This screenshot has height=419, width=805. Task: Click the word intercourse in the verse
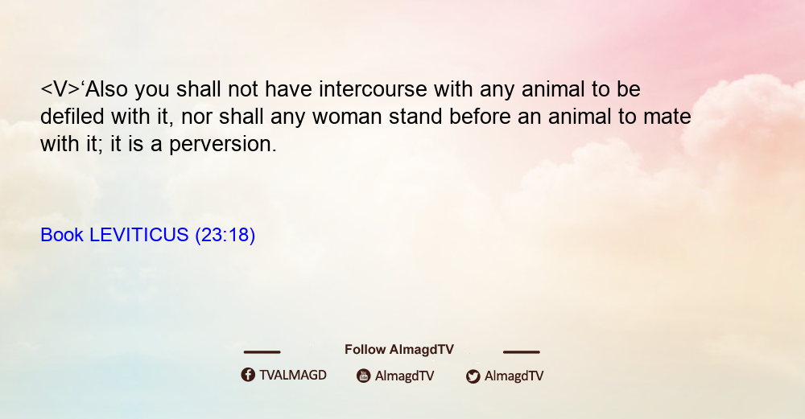pyautogui.click(x=373, y=89)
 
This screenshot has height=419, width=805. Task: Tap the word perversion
pyautogui.click(x=223, y=145)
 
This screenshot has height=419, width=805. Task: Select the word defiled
pyautogui.click(x=72, y=117)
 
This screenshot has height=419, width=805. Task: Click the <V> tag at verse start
pyautogui.click(x=60, y=89)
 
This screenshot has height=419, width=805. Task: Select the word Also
pyautogui.click(x=106, y=89)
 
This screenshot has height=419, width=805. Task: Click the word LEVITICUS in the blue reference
pyautogui.click(x=139, y=235)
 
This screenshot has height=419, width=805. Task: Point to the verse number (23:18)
pyautogui.click(x=225, y=236)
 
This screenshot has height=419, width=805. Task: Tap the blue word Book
pyautogui.click(x=62, y=235)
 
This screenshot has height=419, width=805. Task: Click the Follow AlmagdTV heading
pyautogui.click(x=399, y=350)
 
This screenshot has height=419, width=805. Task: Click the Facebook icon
pyautogui.click(x=248, y=375)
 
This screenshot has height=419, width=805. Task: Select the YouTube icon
pyautogui.click(x=364, y=376)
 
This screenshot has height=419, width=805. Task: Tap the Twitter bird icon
pyautogui.click(x=473, y=376)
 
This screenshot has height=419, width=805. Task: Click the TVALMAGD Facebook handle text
pyautogui.click(x=293, y=376)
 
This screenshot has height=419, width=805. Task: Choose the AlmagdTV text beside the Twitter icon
pyautogui.click(x=514, y=376)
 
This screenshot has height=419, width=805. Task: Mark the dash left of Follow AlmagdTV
pyautogui.click(x=262, y=352)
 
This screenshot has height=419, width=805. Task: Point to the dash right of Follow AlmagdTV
pyautogui.click(x=522, y=352)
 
